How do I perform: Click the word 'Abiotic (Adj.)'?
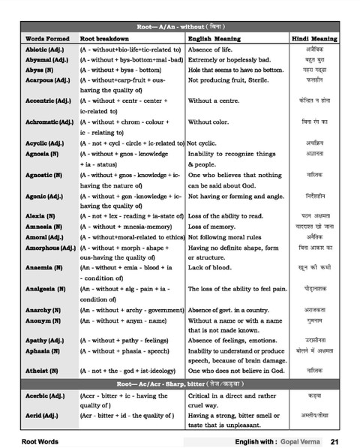point(46,49)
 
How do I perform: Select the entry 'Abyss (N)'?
point(40,69)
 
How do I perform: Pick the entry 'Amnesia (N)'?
point(42,226)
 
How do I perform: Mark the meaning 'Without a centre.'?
point(217,99)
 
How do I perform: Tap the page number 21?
point(334,441)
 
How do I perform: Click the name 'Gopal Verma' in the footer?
point(299,441)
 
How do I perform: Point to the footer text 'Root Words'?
point(40,441)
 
